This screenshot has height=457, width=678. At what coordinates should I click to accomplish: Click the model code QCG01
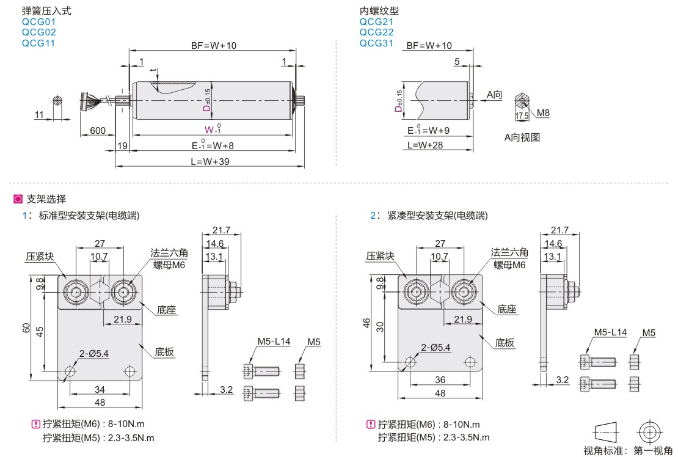click(x=38, y=21)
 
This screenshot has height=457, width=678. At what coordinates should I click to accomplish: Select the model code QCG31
click(x=376, y=43)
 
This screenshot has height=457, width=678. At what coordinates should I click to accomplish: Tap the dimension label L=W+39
click(x=211, y=161)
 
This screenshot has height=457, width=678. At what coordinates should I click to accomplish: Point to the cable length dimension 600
click(x=98, y=131)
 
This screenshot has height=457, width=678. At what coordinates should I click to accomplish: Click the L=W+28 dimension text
click(x=426, y=145)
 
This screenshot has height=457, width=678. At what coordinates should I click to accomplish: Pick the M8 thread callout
click(x=543, y=113)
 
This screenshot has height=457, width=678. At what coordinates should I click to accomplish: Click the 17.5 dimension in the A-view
click(x=521, y=115)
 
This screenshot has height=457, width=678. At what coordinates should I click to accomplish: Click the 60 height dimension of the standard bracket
click(x=26, y=328)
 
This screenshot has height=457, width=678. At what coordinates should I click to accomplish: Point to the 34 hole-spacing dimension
click(x=99, y=389)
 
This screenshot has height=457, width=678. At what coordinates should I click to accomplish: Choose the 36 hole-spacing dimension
click(x=439, y=379)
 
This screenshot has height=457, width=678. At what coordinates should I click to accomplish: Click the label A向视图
click(x=522, y=137)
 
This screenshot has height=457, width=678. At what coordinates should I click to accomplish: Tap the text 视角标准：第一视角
click(x=627, y=451)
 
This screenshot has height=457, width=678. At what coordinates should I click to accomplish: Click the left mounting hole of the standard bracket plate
click(x=70, y=371)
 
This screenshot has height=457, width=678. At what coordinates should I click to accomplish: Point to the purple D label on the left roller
click(x=206, y=108)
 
